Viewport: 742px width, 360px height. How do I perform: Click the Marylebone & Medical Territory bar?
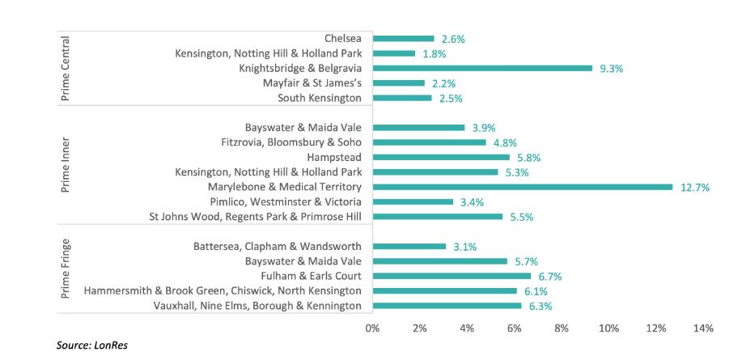pyautogui.click(x=522, y=187)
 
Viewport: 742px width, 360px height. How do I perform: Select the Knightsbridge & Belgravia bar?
pyautogui.click(x=482, y=68)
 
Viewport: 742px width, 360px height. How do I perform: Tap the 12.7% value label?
pyautogui.click(x=695, y=188)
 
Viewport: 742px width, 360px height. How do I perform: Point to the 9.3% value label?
pyautogui.click(x=611, y=69)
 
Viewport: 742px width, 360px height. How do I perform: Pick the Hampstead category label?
pyautogui.click(x=334, y=157)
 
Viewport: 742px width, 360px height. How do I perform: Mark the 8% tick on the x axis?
pyautogui.click(x=562, y=328)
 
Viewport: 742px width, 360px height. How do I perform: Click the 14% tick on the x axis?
pyautogui.click(x=703, y=328)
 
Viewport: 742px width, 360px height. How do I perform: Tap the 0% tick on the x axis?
pyautogui.click(x=372, y=328)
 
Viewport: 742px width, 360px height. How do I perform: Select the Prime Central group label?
pyautogui.click(x=66, y=68)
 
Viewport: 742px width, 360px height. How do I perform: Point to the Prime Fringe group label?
pyautogui.click(x=66, y=269)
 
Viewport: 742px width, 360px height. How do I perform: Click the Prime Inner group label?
pyautogui.click(x=66, y=172)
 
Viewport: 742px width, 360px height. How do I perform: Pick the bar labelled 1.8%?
pyautogui.click(x=393, y=53)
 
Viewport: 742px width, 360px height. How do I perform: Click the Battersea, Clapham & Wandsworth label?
pyautogui.click(x=278, y=246)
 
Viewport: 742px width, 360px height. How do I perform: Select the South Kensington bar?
pyautogui.click(x=402, y=98)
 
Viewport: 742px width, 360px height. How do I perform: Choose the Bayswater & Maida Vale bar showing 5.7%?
pyautogui.click(x=439, y=261)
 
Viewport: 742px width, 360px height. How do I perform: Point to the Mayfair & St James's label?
pyautogui.click(x=312, y=83)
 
